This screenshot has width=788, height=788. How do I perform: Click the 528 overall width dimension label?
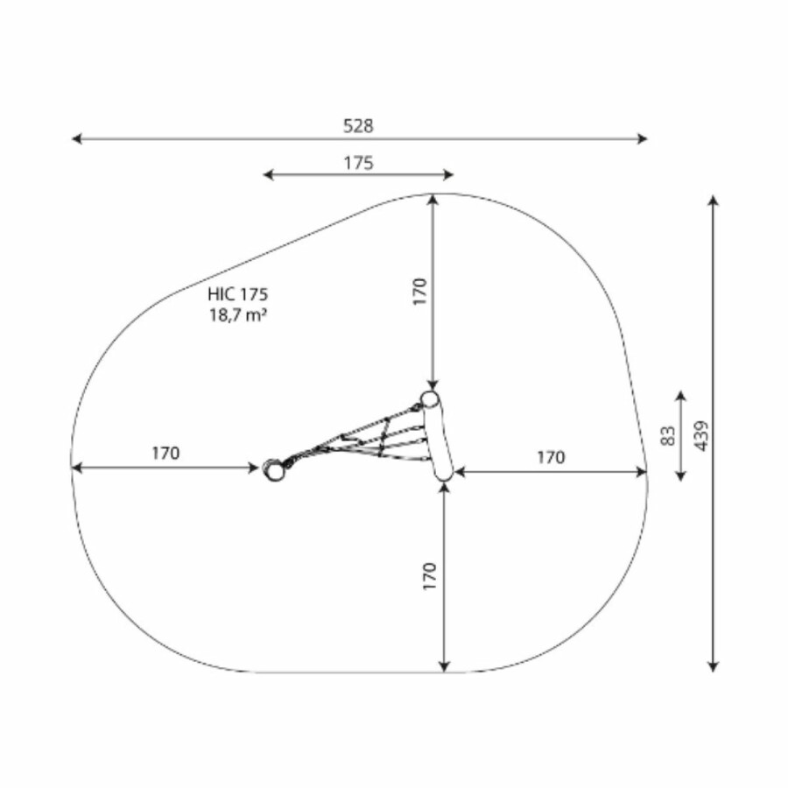(x=358, y=125)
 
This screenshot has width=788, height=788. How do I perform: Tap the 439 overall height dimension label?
(x=702, y=436)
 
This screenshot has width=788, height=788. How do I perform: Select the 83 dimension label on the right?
(x=668, y=436)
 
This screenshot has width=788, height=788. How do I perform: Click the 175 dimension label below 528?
(x=358, y=163)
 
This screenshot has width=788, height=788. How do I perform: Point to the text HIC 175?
(x=237, y=294)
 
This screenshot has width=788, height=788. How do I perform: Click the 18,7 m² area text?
(x=237, y=315)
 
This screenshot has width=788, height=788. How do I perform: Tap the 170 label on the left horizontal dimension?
(x=165, y=454)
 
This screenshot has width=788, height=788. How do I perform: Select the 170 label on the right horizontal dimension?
(x=551, y=457)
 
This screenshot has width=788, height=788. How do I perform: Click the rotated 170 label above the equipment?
(x=419, y=291)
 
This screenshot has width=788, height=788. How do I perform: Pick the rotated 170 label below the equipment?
(x=430, y=576)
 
